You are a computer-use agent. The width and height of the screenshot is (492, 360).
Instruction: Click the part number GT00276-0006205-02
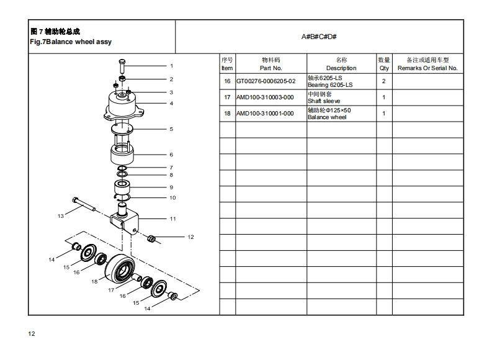[x=266, y=81]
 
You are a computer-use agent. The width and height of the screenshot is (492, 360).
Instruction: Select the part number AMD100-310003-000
[x=265, y=97]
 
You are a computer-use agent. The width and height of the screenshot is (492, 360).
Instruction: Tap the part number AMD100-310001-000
[x=265, y=114]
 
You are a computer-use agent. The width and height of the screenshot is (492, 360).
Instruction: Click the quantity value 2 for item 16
[x=384, y=81]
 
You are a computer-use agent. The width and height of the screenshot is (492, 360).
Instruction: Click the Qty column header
[x=384, y=64]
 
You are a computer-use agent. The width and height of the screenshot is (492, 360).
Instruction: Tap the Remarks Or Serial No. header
[x=427, y=64]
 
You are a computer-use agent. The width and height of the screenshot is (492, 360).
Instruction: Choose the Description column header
[x=341, y=64]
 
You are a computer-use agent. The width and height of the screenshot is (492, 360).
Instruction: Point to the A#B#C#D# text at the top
[x=319, y=37]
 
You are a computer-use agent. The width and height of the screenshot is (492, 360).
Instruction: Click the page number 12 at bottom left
[x=32, y=334]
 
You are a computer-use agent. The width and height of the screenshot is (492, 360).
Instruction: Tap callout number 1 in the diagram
[x=171, y=66]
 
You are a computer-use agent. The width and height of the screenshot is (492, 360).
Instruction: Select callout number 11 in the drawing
[x=172, y=218]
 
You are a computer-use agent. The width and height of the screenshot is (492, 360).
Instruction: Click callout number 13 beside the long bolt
[x=61, y=216]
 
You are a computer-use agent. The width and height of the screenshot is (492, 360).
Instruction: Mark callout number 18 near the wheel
[x=95, y=281]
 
